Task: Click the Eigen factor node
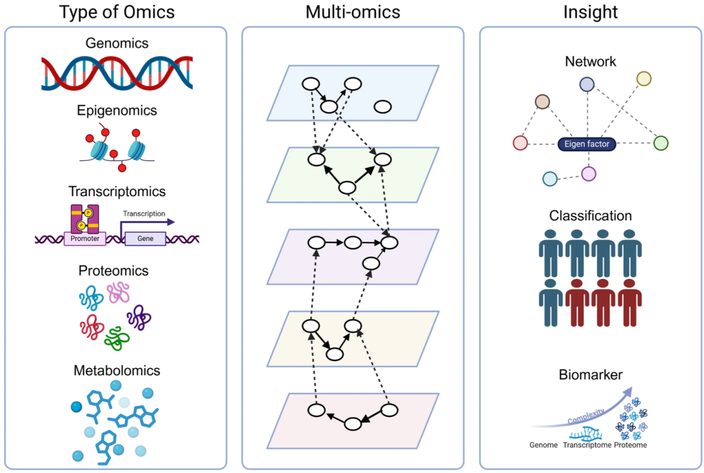click(587, 144)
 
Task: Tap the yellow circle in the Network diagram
click(643, 79)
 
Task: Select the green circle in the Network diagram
click(660, 143)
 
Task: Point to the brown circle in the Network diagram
click(542, 102)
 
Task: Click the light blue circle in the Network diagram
click(550, 179)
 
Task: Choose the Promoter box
click(84, 239)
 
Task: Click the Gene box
click(145, 239)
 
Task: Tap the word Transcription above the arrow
click(144, 214)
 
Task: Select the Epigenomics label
click(117, 110)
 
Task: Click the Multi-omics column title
click(352, 12)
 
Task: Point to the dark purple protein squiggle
click(139, 318)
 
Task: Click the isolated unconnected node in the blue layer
click(382, 107)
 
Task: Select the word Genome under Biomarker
click(543, 445)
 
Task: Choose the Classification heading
click(590, 215)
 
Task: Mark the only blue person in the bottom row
click(550, 302)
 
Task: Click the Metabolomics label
click(117, 370)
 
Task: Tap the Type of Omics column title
click(116, 12)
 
